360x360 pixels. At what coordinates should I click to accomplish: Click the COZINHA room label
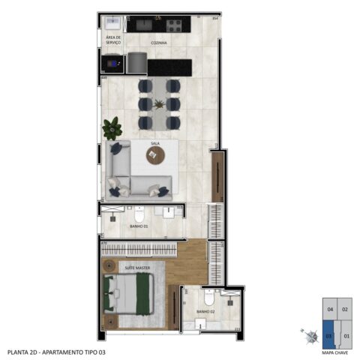pos(158,43)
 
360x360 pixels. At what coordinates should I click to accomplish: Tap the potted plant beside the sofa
pos(113,129)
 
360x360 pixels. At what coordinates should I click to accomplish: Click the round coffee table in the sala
pos(156,154)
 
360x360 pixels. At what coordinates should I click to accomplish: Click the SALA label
pos(155,142)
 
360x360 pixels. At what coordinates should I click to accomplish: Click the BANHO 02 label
pos(206,310)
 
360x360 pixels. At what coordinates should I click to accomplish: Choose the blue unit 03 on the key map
pos(328,329)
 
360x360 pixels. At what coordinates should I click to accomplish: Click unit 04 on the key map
pos(329,308)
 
